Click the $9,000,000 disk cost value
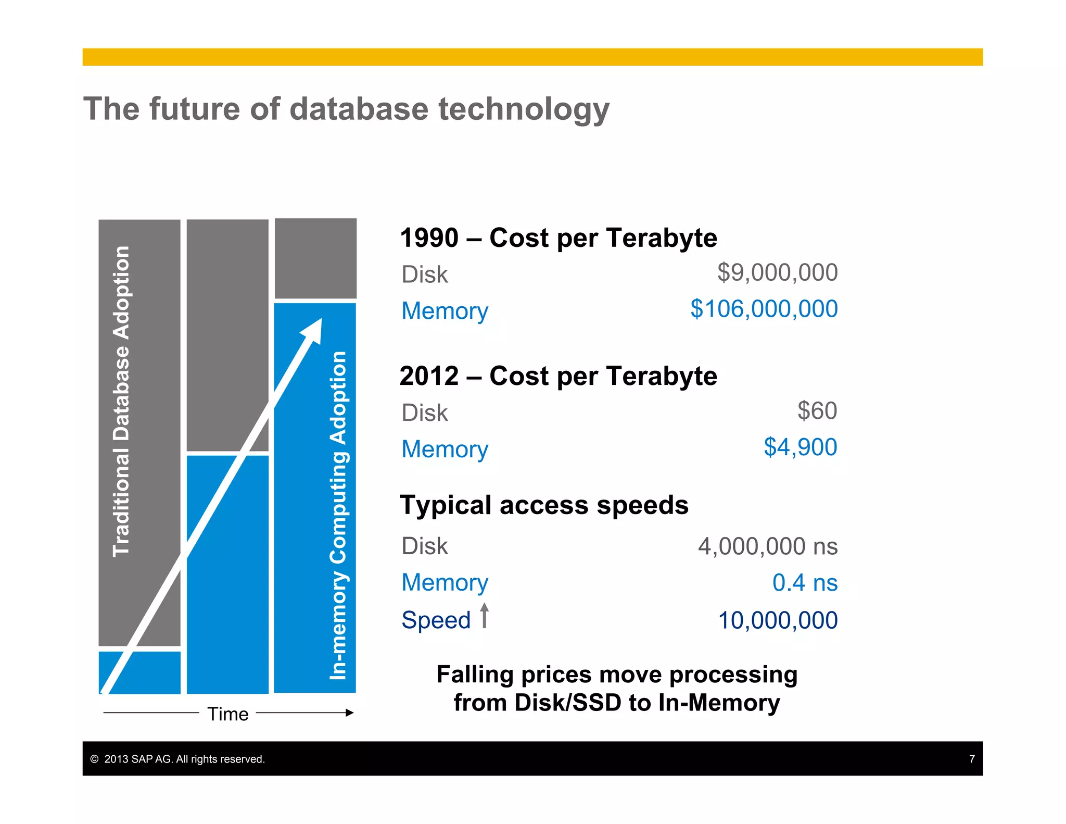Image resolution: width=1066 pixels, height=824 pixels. click(777, 272)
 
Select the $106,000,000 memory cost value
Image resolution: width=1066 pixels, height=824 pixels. click(764, 309)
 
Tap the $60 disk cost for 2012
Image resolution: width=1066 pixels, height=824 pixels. click(817, 411)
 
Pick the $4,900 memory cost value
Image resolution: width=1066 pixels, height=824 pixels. click(800, 447)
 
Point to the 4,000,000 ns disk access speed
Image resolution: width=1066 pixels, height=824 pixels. click(768, 546)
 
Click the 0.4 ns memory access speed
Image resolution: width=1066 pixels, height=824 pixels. click(805, 583)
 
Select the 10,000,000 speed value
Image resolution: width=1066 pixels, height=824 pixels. click(778, 620)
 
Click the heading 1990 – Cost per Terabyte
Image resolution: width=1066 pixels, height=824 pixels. click(559, 238)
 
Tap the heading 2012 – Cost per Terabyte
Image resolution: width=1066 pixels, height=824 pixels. click(559, 376)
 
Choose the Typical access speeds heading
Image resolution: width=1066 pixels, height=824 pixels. click(544, 505)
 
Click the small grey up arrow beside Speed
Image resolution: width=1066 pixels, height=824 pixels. click(484, 616)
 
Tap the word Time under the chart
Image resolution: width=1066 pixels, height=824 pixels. click(228, 714)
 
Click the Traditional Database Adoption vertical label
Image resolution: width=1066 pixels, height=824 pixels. click(121, 401)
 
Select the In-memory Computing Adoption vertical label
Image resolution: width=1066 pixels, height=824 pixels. click(338, 516)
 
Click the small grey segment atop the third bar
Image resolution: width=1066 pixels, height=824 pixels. click(315, 258)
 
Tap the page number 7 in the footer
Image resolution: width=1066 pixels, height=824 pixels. click(971, 759)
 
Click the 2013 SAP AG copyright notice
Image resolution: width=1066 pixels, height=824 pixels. click(178, 759)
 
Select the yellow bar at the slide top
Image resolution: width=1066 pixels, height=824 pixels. click(532, 57)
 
